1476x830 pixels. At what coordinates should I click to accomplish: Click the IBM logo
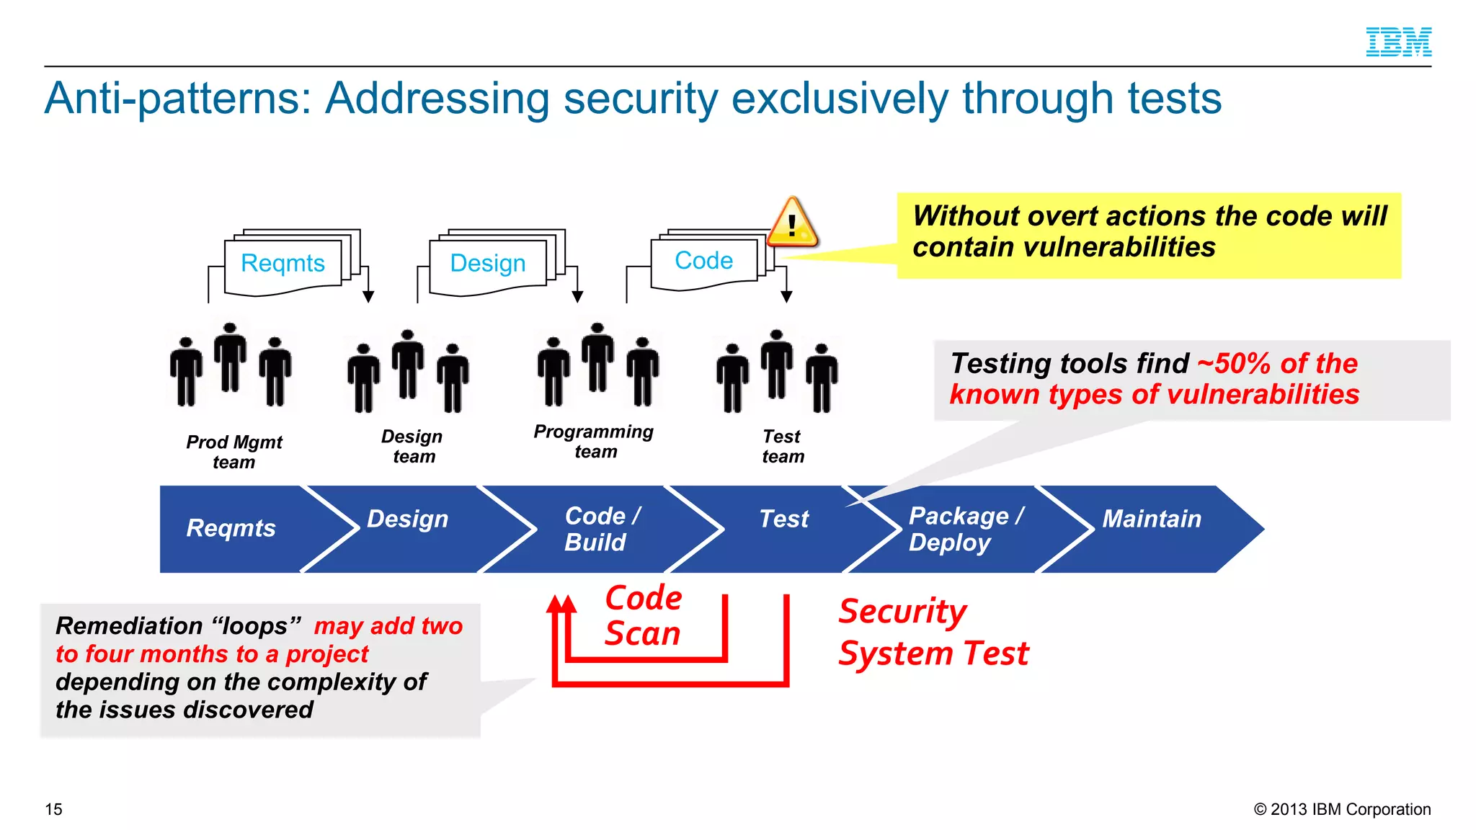(x=1398, y=42)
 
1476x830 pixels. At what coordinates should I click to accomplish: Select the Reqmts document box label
(x=283, y=263)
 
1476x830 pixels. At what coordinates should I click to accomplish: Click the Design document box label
(x=487, y=263)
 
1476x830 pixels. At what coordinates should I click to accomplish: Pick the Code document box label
(x=703, y=260)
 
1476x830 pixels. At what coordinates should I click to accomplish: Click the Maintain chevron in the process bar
(x=1152, y=519)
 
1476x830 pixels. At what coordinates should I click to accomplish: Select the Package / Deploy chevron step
(x=964, y=529)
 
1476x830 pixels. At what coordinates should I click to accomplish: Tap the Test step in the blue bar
(x=783, y=519)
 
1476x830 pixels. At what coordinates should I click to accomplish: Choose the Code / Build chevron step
(x=601, y=529)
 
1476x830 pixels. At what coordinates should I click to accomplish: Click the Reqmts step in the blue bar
(x=231, y=528)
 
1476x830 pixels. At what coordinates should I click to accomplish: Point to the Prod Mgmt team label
(x=234, y=452)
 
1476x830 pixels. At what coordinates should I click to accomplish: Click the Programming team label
(x=594, y=441)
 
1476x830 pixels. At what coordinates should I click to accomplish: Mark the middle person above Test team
(x=776, y=364)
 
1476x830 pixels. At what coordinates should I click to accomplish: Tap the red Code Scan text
(x=643, y=616)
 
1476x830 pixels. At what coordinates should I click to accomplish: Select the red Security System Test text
(x=933, y=633)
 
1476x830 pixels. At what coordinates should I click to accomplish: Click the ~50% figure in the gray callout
(x=1233, y=363)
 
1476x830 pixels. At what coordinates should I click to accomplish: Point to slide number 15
(x=53, y=809)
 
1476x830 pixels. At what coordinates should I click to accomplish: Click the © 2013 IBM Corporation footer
(x=1342, y=809)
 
